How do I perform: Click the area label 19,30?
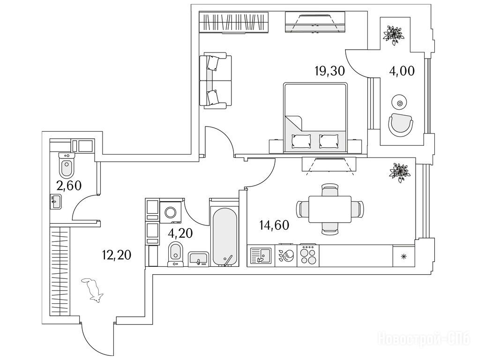click(x=330, y=71)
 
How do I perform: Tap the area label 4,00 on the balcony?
click(x=402, y=71)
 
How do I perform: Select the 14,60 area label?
click(x=275, y=225)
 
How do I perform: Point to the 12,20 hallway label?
click(x=116, y=255)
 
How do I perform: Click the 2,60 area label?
click(x=68, y=185)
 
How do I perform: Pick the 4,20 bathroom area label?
click(x=180, y=233)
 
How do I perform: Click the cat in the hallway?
click(x=93, y=290)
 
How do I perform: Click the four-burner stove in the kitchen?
click(x=309, y=256)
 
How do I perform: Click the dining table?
click(x=330, y=209)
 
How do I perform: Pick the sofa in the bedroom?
click(x=215, y=81)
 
